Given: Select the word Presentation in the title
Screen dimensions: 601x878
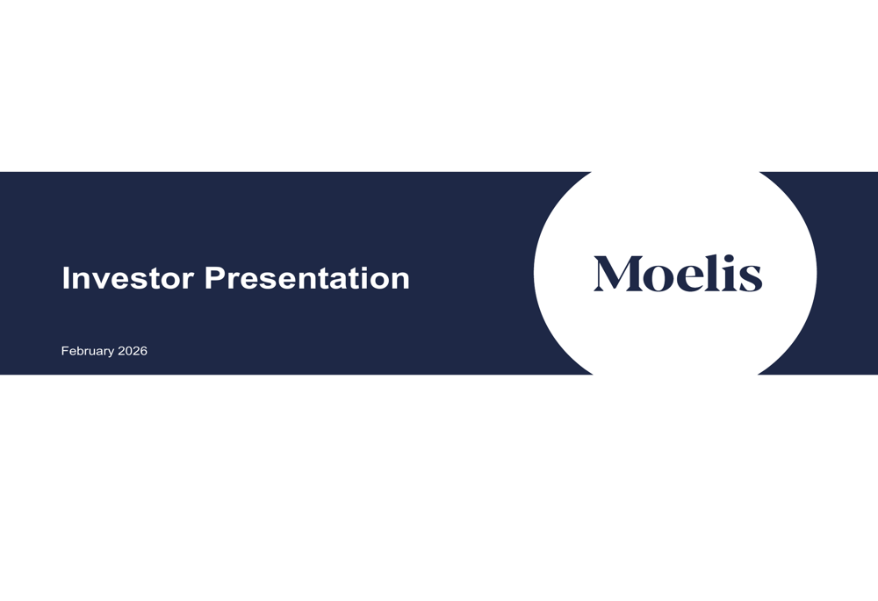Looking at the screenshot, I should [307, 278].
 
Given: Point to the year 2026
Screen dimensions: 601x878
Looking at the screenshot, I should [133, 351].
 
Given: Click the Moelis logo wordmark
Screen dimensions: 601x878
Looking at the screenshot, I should [677, 274].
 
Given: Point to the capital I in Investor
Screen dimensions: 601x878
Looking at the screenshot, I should [65, 278].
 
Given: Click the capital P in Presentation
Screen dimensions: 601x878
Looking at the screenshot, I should [214, 278].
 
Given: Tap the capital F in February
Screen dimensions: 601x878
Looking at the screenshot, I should [64, 351].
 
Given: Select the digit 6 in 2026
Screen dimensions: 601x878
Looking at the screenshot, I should [143, 351].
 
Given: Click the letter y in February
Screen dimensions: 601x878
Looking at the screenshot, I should [111, 353].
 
